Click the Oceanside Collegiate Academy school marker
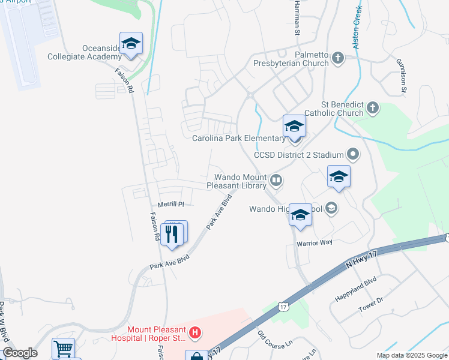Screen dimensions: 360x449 (131, 44)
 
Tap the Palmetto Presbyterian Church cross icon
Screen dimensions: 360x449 (337, 58)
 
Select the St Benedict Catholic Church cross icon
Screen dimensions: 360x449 (373, 108)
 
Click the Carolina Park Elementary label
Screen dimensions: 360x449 (239, 139)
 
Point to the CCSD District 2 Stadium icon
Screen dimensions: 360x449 (353, 155)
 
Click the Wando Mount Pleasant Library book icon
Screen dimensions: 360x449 (276, 179)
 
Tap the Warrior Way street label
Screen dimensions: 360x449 (314, 242)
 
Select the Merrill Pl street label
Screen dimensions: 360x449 (170, 204)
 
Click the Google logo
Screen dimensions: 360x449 (19, 353)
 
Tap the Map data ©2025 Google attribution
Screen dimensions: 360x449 (411, 355)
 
